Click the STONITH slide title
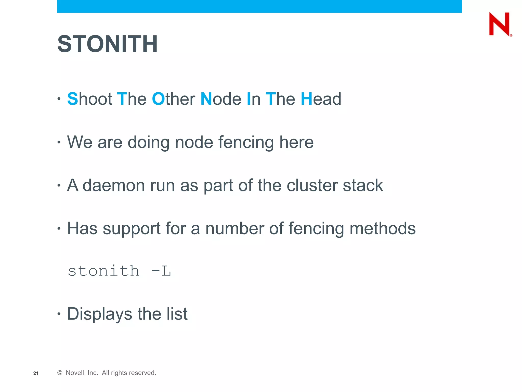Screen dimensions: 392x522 coord(107,44)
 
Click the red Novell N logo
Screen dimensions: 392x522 coord(499,24)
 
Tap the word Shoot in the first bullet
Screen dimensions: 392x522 coord(89,99)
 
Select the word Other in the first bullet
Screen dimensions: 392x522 coord(174,99)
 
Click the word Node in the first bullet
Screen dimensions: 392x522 coord(221,99)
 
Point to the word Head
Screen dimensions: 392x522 coord(321,99)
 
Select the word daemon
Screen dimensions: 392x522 coord(114,185)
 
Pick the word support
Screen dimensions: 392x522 coord(132,229)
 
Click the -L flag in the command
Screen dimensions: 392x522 coord(161,271)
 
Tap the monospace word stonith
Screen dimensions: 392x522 coord(103,271)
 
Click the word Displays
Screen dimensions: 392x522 coord(100,314)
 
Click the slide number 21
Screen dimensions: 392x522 coord(36,373)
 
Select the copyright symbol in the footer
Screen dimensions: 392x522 coord(60,373)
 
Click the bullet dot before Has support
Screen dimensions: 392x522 coord(59,228)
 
